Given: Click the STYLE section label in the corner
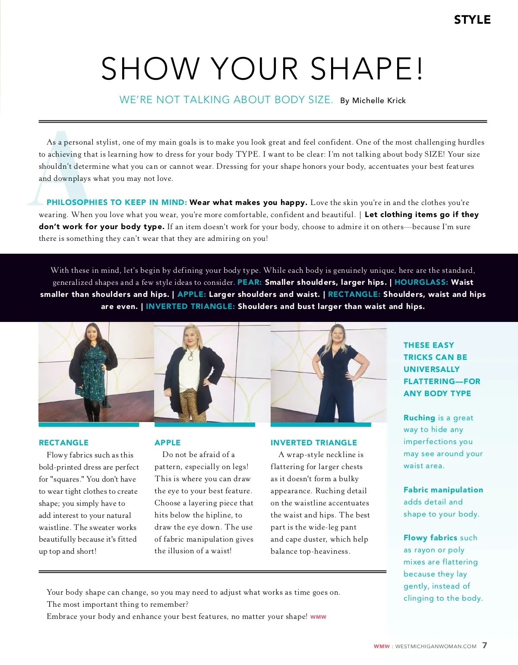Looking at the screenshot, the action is tap(472, 20).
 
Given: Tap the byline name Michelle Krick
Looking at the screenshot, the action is tap(379, 101).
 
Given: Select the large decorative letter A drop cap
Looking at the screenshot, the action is tap(58, 168).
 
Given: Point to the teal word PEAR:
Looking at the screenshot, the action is tap(250, 282).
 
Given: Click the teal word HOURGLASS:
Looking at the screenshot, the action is tap(421, 282).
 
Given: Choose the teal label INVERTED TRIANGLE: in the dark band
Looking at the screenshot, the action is tap(190, 306).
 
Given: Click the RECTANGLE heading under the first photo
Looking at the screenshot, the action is tap(63, 442).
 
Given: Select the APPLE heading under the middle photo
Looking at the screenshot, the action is tap(167, 442).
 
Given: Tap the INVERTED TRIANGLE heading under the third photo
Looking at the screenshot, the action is tap(314, 442).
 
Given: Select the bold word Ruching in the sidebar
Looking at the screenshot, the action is tap(419, 418).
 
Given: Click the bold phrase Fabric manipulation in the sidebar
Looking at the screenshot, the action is tap(443, 490).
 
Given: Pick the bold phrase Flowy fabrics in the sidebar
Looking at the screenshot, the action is tap(430, 538).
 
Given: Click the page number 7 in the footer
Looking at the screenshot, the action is tap(485, 645).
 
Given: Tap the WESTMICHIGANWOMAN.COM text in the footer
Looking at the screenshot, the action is tap(436, 646).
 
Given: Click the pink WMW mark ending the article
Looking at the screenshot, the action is tap(318, 617).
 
